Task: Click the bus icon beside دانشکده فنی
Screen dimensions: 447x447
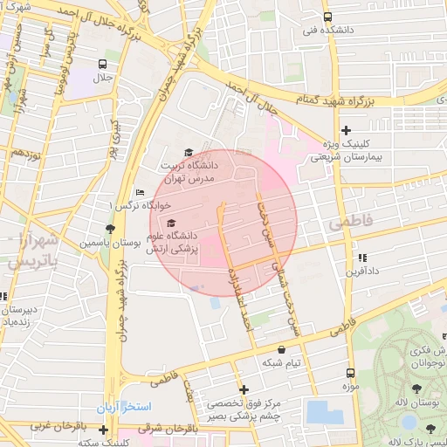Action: tap(327, 17)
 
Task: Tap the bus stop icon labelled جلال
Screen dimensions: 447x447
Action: tap(104, 65)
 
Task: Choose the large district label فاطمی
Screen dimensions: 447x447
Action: tap(351, 224)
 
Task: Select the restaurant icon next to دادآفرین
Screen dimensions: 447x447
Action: tap(361, 258)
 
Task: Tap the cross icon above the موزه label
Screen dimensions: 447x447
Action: tap(348, 373)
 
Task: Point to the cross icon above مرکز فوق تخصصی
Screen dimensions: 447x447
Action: tap(244, 389)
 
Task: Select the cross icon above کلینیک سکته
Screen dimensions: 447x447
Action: tap(104, 430)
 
